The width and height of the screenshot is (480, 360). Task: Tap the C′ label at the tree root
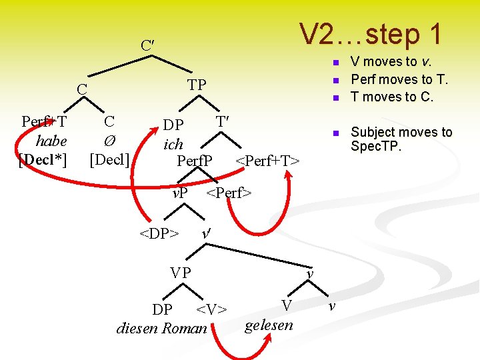pos(148,46)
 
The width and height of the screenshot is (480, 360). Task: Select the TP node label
pos(197,85)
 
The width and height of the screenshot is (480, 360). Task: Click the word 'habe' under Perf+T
pos(51,141)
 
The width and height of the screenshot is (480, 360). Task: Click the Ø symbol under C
pos(109,141)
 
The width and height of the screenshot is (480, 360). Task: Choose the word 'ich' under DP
pos(173,144)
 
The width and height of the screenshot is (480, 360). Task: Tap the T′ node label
pos(223,122)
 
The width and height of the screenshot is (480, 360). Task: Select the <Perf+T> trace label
pos(268,161)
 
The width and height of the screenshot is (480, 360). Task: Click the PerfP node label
pos(195,161)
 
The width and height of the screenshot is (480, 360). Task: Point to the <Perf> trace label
pos(229,194)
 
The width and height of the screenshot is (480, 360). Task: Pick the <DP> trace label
pos(159,234)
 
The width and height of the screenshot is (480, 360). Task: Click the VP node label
pos(180,273)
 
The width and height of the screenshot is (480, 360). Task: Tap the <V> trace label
pos(211,309)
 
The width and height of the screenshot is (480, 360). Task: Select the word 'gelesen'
pos(269,325)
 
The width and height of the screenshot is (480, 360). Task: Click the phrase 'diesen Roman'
pos(162,328)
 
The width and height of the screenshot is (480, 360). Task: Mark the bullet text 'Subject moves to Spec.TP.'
pos(401,139)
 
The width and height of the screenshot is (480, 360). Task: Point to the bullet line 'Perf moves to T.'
pos(399,79)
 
